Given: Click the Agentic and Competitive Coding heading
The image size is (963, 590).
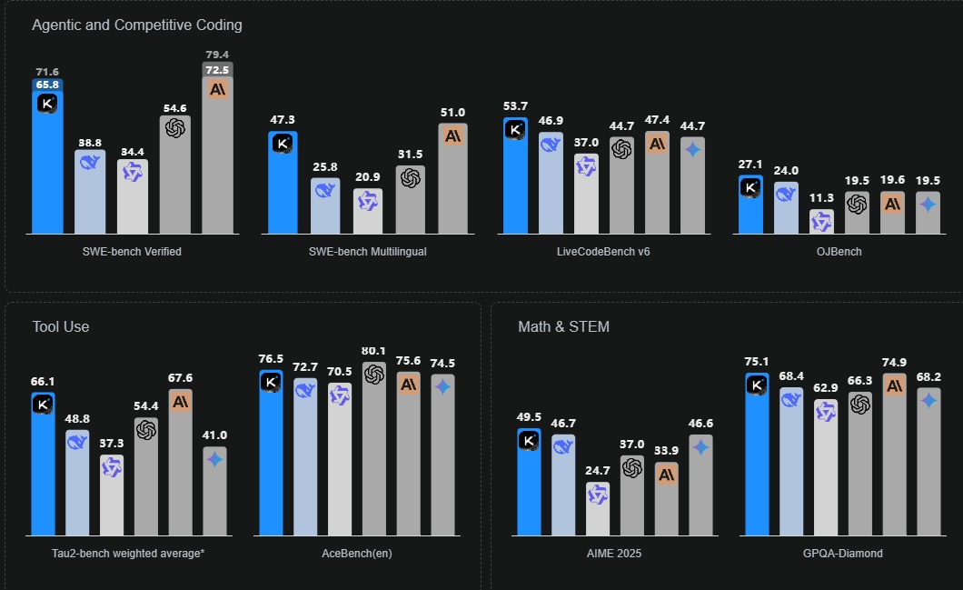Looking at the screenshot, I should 136,25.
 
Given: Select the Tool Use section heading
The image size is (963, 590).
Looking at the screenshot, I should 61,326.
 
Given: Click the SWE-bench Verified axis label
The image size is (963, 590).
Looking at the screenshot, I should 132,251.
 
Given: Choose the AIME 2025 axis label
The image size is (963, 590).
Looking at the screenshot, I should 614,553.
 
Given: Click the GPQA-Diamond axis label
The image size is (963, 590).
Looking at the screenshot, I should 843,553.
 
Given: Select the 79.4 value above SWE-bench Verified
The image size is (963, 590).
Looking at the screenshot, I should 217,55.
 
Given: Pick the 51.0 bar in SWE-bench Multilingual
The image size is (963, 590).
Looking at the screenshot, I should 452,179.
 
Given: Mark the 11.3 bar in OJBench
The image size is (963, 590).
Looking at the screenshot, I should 821,222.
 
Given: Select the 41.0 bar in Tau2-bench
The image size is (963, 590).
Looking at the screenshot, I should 214,491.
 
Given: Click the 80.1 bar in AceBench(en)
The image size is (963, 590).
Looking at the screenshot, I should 374,449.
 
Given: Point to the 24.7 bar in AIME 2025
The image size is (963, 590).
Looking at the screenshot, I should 598,508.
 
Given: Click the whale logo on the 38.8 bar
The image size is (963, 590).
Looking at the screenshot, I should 90,162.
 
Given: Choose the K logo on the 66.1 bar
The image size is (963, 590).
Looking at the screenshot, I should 43,405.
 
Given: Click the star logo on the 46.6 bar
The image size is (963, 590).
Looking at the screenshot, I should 700,446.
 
